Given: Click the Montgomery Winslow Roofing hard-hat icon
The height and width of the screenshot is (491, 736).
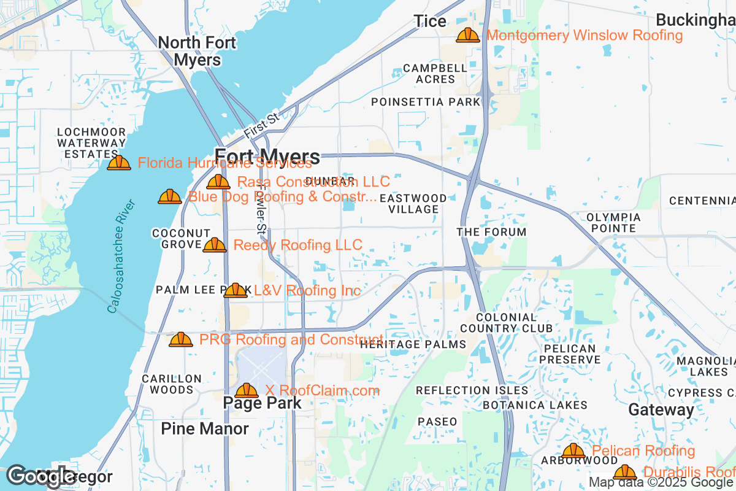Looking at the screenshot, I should point(468,35).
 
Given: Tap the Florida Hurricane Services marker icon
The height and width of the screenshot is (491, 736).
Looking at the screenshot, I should point(119,163).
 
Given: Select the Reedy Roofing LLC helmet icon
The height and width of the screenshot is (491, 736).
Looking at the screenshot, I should point(215,245).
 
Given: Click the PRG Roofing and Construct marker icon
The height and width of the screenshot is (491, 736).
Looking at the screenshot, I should point(181,339).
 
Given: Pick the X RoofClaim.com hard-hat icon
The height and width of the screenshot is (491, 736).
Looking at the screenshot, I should point(247,390).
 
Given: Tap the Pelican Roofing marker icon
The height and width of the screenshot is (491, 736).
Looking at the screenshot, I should point(573,451).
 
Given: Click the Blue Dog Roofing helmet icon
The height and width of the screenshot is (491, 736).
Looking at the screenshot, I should point(170,196).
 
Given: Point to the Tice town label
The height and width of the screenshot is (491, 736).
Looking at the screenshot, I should point(430,21).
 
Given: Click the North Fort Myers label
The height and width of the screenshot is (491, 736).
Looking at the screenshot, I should point(197,51).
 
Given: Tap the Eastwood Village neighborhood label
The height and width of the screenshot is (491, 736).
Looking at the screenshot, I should point(413,204).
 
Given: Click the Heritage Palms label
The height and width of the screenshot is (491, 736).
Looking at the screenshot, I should point(413,344).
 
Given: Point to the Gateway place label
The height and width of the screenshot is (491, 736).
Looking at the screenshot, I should point(661,409).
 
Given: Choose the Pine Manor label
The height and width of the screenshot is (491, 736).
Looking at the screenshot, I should point(205,428).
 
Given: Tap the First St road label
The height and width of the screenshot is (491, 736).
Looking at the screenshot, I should point(261,125).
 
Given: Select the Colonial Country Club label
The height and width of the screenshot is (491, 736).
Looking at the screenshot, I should point(507,323).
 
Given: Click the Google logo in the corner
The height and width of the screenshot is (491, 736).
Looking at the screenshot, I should point(41,476).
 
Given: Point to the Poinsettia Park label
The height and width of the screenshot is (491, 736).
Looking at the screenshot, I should point(426,102).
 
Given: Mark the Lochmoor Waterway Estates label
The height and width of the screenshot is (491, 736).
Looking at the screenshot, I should point(91,143).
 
